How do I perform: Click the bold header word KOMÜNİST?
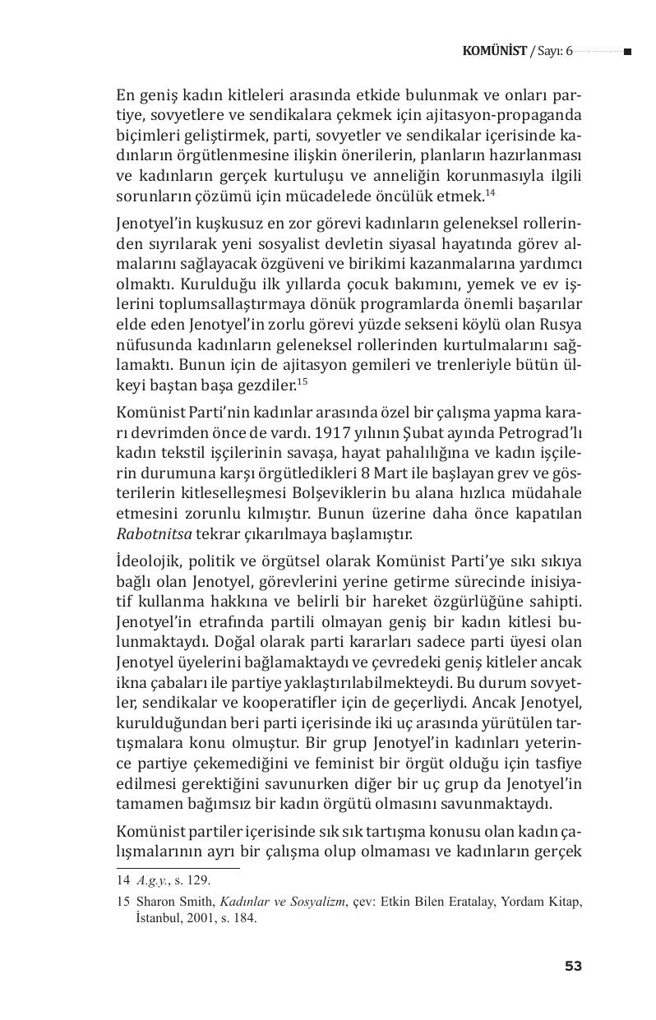[x=494, y=52]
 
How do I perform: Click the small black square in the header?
[x=627, y=52]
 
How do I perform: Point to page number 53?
[x=573, y=966]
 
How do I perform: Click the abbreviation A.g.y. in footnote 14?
[x=152, y=879]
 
